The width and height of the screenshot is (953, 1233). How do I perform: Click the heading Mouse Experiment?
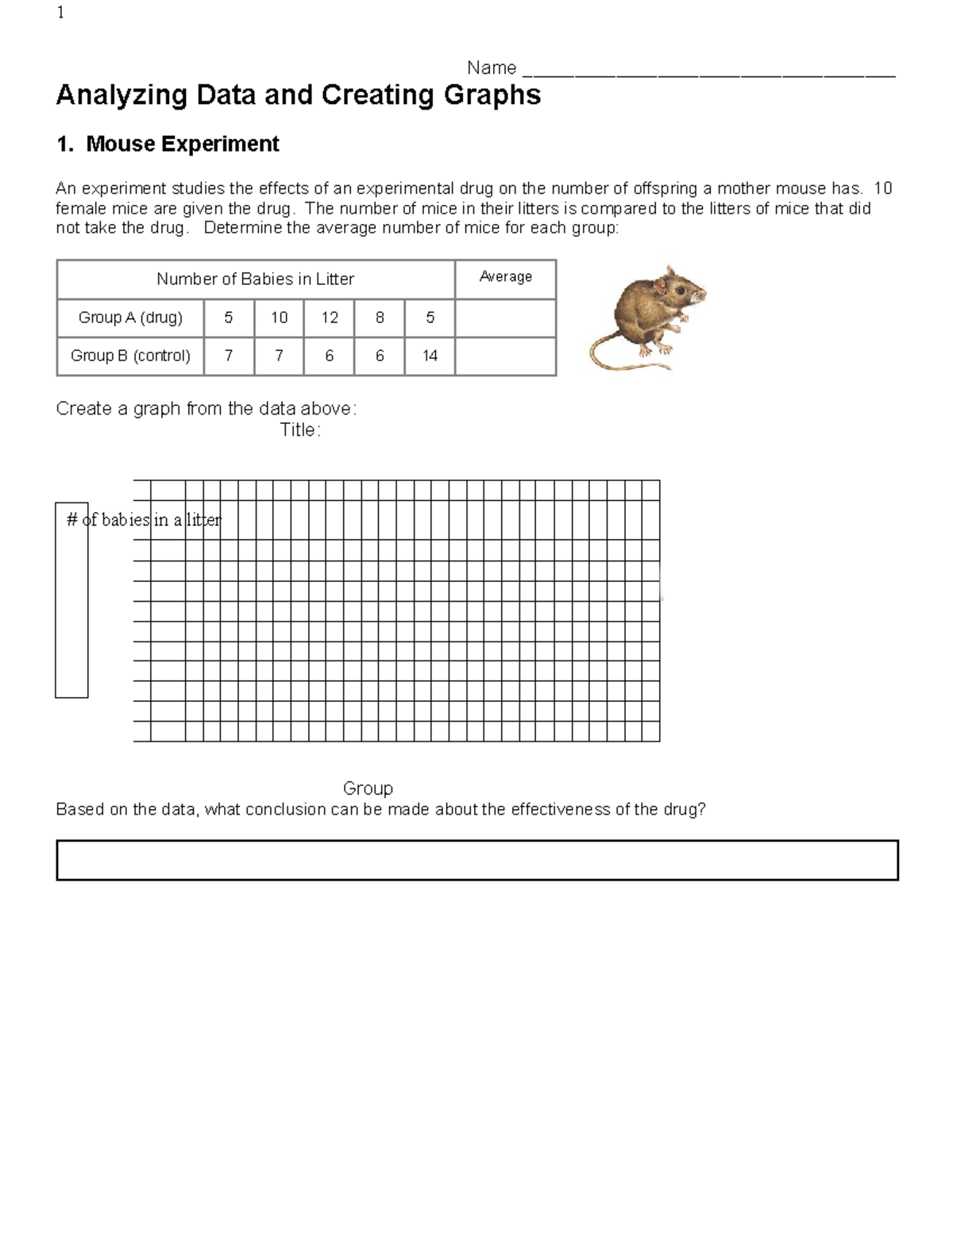(x=182, y=144)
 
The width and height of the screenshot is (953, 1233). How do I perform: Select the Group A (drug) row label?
(x=130, y=318)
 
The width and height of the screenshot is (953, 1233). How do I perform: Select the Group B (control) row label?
(x=130, y=356)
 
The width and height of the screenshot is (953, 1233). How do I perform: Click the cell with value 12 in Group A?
(x=329, y=318)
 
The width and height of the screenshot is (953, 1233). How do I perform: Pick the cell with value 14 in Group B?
(x=430, y=356)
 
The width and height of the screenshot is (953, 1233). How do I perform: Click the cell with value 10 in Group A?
(x=279, y=318)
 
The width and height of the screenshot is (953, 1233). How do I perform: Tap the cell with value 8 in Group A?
(x=380, y=318)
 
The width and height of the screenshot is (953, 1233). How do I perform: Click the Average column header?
(x=505, y=277)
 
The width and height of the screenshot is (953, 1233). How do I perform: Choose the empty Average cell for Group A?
(x=505, y=318)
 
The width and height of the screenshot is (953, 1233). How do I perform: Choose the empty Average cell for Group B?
(x=505, y=356)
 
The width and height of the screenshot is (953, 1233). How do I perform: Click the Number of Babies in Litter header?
(x=255, y=279)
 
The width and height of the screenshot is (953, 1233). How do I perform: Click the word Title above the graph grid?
(x=299, y=430)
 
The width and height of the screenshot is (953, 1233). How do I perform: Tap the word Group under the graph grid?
(x=368, y=788)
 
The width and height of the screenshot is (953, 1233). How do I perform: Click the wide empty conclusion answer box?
(x=476, y=861)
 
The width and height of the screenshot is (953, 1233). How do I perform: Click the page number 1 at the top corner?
(x=60, y=13)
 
